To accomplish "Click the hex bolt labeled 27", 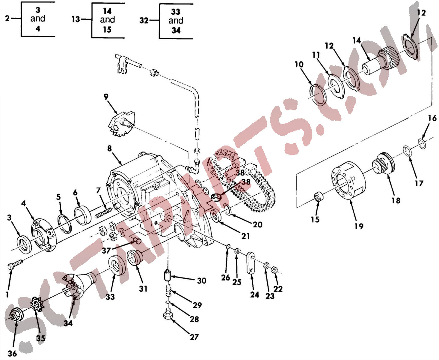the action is [167, 314].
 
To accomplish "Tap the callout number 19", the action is [359, 226].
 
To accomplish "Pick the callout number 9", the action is [106, 97].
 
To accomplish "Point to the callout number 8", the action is [109, 148].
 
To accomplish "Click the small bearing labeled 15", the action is [319, 197].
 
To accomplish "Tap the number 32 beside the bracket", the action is [144, 20].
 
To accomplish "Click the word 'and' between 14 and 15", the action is [107, 19].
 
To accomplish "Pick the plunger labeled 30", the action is [167, 275].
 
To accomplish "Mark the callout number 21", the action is [245, 236].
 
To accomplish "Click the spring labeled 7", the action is [103, 214].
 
